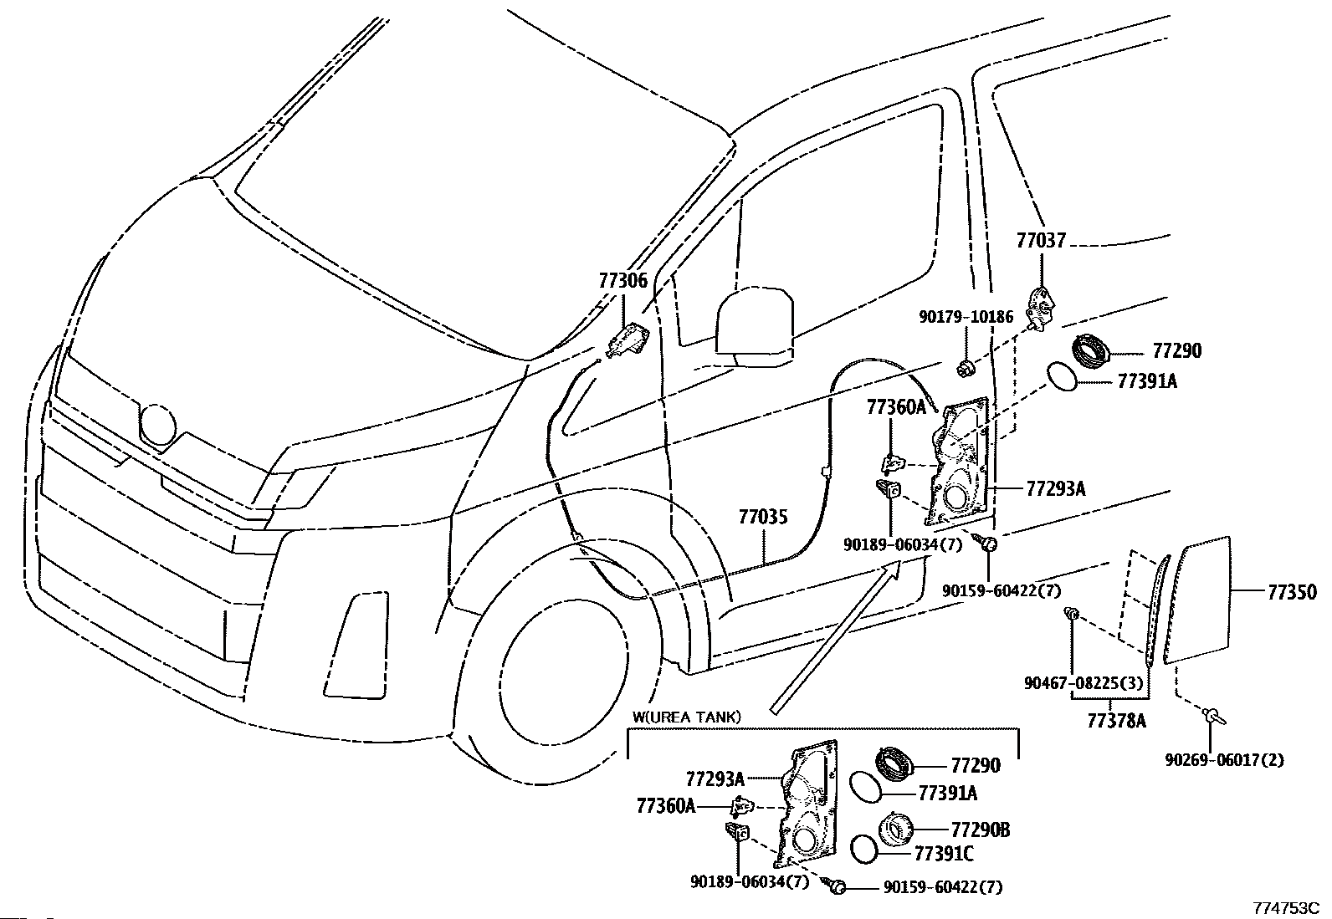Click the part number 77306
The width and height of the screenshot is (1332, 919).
[623, 281]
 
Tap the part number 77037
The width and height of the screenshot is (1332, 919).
[1041, 241]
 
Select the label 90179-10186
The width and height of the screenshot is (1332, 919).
[966, 317]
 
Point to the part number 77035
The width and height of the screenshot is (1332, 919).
[762, 518]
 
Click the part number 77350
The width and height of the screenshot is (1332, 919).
[1292, 592]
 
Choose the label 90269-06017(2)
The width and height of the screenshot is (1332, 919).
[1224, 759]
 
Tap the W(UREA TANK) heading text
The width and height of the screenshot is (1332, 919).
[686, 717]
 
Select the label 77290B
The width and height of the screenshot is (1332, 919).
[981, 830]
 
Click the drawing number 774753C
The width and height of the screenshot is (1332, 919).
[1285, 908]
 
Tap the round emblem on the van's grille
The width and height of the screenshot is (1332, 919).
[158, 423]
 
